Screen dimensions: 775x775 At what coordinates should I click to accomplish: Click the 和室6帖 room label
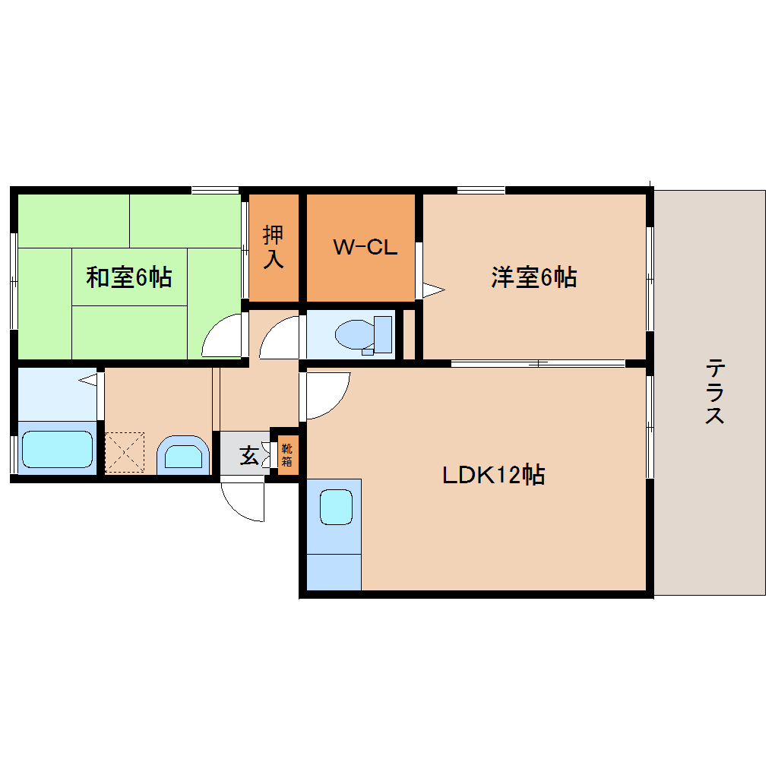128,277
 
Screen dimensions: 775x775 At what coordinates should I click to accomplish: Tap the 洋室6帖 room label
533,277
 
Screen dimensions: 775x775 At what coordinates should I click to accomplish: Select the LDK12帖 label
494,476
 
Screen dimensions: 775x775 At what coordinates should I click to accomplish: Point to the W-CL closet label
365,247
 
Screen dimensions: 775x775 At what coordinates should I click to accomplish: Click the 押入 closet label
274,247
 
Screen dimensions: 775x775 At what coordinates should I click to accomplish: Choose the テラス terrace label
713,391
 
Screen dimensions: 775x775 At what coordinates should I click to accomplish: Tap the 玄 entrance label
248,457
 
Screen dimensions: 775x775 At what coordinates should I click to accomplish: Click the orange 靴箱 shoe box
287,454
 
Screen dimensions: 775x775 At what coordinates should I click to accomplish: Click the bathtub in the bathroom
57,450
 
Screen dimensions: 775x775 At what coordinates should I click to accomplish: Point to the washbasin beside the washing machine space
184,456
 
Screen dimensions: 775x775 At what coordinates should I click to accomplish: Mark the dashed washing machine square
125,452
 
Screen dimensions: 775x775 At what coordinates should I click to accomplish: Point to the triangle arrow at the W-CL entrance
432,289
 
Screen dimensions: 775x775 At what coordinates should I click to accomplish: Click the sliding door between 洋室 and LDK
538,363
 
